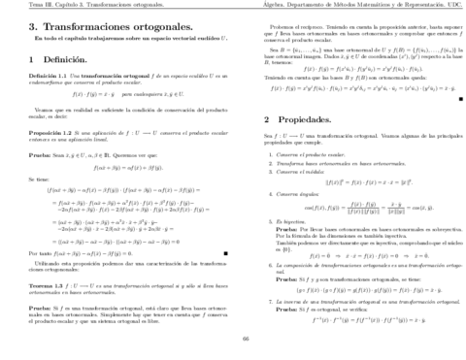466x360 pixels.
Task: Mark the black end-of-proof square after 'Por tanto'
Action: click(225, 252)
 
